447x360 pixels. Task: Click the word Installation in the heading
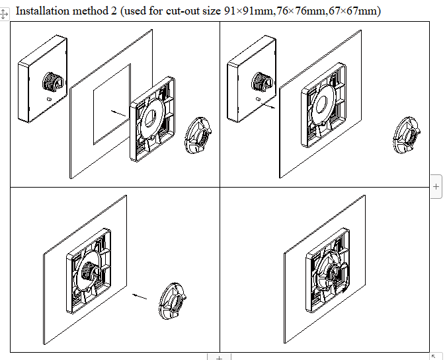point(43,11)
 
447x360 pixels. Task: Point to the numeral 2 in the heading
point(114,11)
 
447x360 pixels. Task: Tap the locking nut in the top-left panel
point(198,135)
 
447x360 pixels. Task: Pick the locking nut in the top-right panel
point(407,135)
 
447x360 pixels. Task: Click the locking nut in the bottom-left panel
point(173,301)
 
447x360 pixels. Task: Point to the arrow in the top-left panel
point(118,114)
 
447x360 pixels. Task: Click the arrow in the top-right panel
point(268,106)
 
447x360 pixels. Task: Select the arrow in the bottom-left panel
point(140,296)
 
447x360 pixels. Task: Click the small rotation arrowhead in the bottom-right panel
point(345,290)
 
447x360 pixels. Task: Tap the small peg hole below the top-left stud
point(49,99)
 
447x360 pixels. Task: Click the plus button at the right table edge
point(436,186)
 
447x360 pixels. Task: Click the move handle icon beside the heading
point(4,14)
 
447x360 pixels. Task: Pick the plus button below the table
point(219,357)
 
